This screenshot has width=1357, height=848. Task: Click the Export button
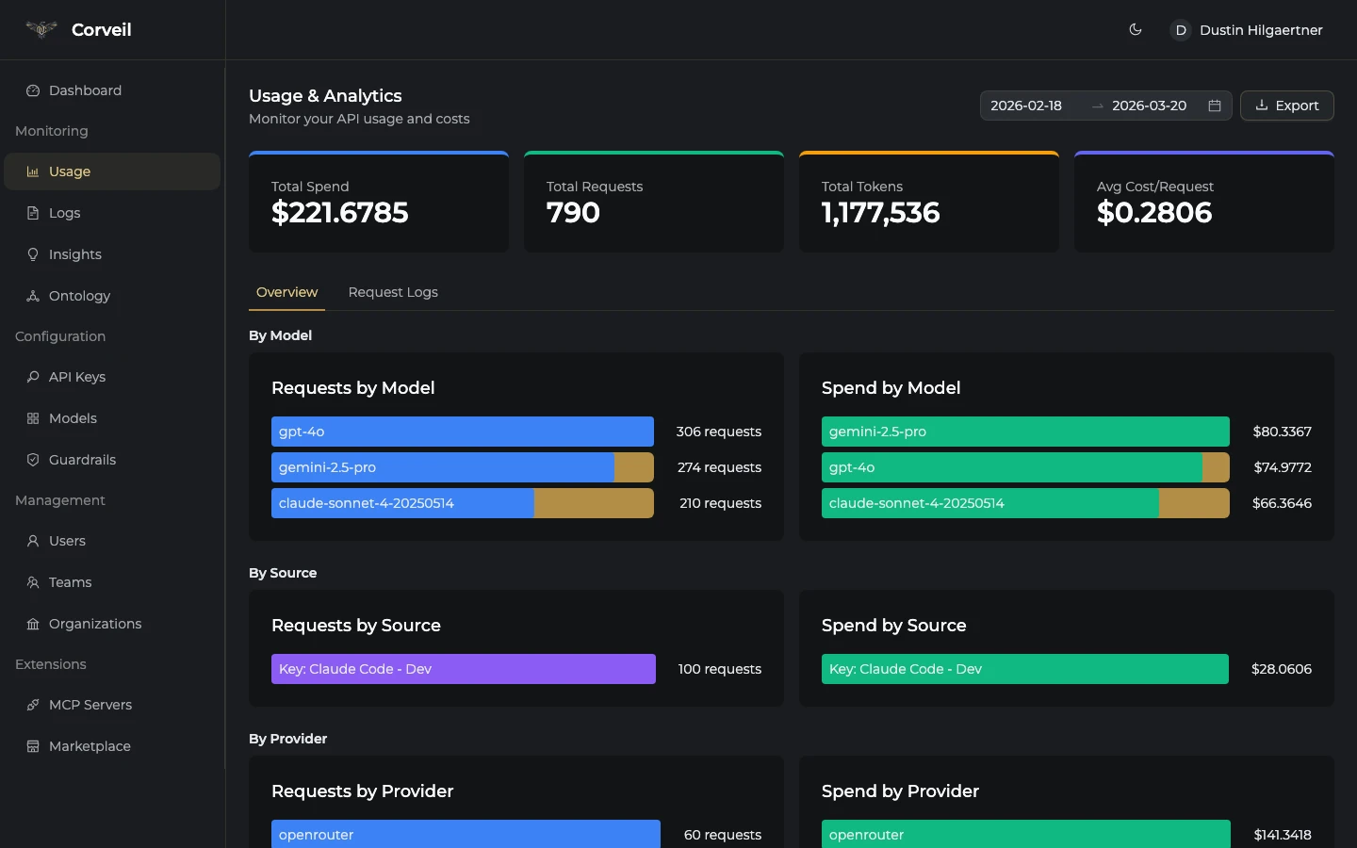[1286, 106]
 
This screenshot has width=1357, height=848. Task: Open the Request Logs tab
[393, 292]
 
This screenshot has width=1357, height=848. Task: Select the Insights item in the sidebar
[74, 254]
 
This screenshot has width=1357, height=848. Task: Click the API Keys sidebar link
[76, 377]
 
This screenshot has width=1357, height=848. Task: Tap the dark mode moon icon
[1136, 30]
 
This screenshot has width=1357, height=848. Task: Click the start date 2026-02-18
[1026, 106]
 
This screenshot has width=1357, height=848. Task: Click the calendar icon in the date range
[1215, 106]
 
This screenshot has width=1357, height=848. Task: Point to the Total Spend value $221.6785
[339, 213]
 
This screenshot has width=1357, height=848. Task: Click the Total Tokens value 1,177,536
[880, 213]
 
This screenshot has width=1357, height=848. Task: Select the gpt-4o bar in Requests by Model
[462, 432]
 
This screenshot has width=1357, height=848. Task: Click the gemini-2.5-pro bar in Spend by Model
[1024, 432]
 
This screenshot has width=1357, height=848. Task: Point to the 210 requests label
[720, 503]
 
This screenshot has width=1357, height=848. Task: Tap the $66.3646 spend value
[1282, 503]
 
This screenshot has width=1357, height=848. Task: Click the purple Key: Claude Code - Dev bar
[463, 669]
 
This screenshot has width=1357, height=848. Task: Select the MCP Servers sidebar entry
[90, 705]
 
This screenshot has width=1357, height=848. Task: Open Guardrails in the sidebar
[82, 460]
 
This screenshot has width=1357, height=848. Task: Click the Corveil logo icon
[41, 29]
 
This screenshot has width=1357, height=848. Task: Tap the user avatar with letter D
[1180, 30]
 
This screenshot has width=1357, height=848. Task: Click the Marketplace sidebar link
[90, 746]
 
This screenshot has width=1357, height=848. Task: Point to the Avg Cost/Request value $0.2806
[1154, 213]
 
